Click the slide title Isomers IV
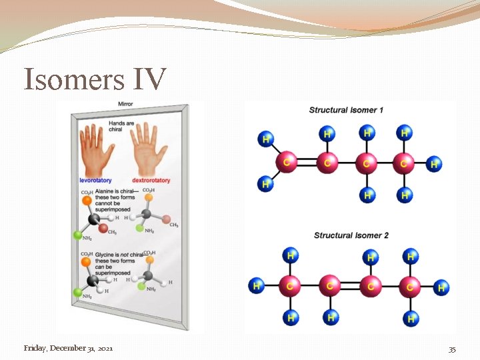tap(95, 79)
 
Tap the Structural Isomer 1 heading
tap(346, 110)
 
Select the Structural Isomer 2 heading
tap(351, 235)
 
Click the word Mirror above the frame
tap(125, 104)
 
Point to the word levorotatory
tap(96, 180)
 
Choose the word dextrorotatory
tap(151, 180)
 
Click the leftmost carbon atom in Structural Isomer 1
tap(287, 162)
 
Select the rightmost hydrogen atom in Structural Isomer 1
tap(434, 163)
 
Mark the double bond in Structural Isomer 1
tap(307, 162)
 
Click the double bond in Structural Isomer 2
tap(348, 287)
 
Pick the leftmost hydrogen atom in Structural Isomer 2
tap(256, 286)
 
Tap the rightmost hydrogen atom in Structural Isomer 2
tap(441, 287)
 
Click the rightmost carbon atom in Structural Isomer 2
tap(410, 287)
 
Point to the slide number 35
tap(452, 349)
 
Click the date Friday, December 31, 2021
tap(68, 348)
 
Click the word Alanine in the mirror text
tap(105, 191)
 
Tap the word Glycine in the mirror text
tap(105, 254)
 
